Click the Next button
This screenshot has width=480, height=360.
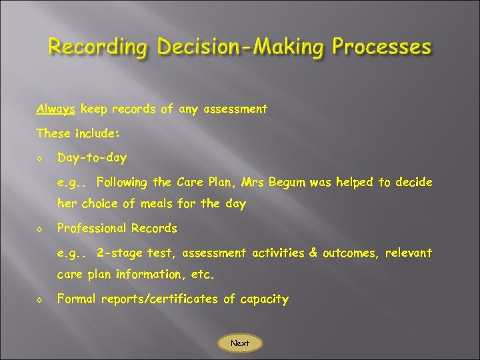[240, 343]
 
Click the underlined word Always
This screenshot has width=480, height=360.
[56, 109]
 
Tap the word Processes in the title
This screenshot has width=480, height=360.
[382, 47]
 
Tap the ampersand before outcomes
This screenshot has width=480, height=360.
[313, 253]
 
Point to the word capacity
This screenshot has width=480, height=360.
[263, 299]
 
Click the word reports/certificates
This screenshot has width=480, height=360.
[159, 299]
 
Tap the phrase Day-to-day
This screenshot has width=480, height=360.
[92, 158]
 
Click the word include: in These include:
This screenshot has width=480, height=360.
[95, 133]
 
